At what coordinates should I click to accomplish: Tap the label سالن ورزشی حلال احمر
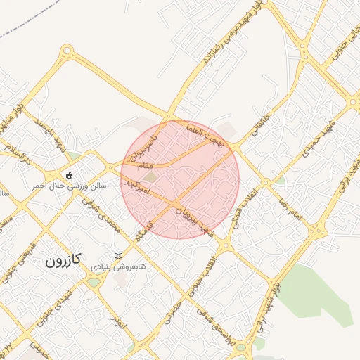[x=69, y=186]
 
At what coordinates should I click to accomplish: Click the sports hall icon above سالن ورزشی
[x=69, y=174]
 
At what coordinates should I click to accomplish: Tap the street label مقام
[x=141, y=165]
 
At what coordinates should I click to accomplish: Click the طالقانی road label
[x=258, y=122]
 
